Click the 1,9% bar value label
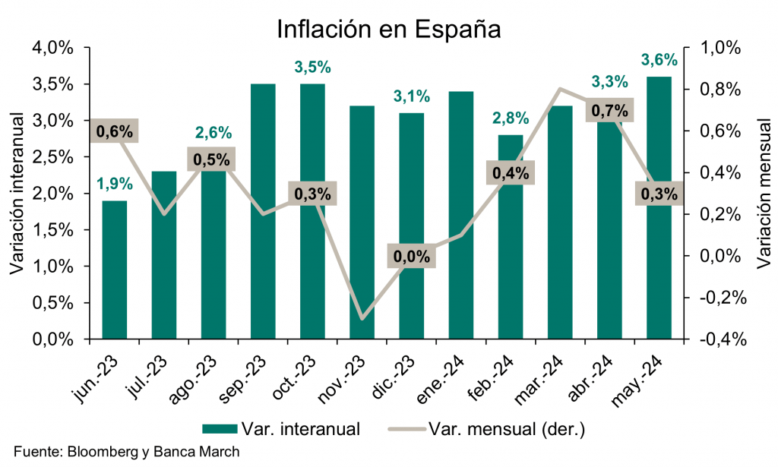(115, 183)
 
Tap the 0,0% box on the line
(412, 256)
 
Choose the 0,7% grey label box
(609, 110)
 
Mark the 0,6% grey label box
(115, 131)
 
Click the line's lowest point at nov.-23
(362, 318)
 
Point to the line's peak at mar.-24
(560, 89)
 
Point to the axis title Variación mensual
(763, 193)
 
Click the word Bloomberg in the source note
(104, 452)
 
